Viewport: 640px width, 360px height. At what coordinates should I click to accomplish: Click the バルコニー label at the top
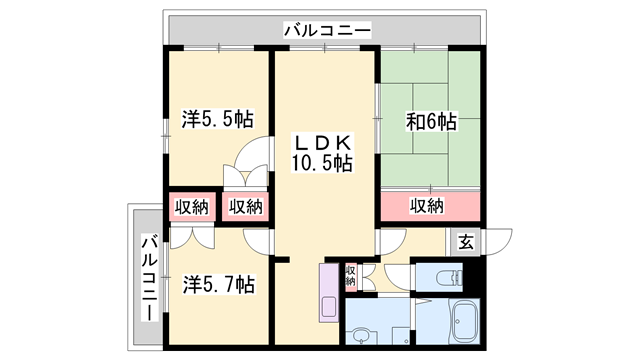(328, 31)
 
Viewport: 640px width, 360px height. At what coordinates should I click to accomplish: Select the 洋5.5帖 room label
(217, 120)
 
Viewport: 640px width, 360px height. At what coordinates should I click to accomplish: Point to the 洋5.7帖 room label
(218, 285)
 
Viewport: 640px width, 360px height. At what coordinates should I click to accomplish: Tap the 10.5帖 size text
(322, 163)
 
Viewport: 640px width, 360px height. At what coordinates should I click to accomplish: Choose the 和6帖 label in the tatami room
(431, 122)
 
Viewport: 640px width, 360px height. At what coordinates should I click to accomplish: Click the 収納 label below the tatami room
(428, 206)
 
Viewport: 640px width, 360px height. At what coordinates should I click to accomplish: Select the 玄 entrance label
(466, 241)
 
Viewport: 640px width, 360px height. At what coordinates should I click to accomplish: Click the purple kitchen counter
(330, 292)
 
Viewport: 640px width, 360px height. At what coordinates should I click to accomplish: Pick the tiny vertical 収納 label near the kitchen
(350, 274)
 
